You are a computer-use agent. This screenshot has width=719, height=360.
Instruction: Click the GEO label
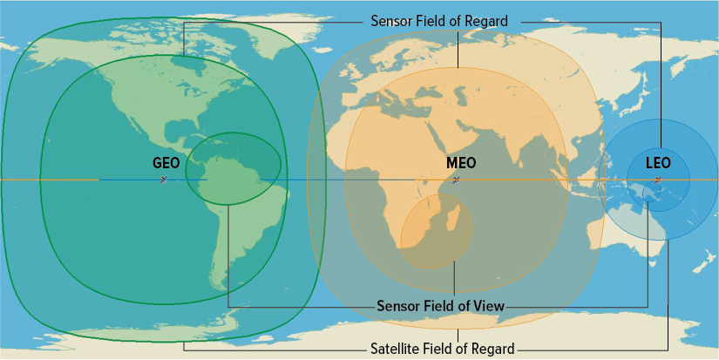coord(166,163)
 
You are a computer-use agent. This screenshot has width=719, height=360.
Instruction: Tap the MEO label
coord(460,163)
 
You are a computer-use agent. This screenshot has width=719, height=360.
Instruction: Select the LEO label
coord(658,163)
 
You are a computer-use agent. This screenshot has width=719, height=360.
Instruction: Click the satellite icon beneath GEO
coord(163,180)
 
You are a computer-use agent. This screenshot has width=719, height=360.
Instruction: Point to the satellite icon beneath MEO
coord(456,180)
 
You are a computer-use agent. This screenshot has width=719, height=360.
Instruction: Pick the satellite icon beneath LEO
coord(657,180)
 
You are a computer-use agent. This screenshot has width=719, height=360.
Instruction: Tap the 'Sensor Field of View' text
coord(441,306)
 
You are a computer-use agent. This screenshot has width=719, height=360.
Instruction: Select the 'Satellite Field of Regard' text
coord(443,348)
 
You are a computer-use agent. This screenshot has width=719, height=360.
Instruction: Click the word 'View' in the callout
coord(489,306)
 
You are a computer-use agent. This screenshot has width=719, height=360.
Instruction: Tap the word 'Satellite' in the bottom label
coord(397,348)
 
